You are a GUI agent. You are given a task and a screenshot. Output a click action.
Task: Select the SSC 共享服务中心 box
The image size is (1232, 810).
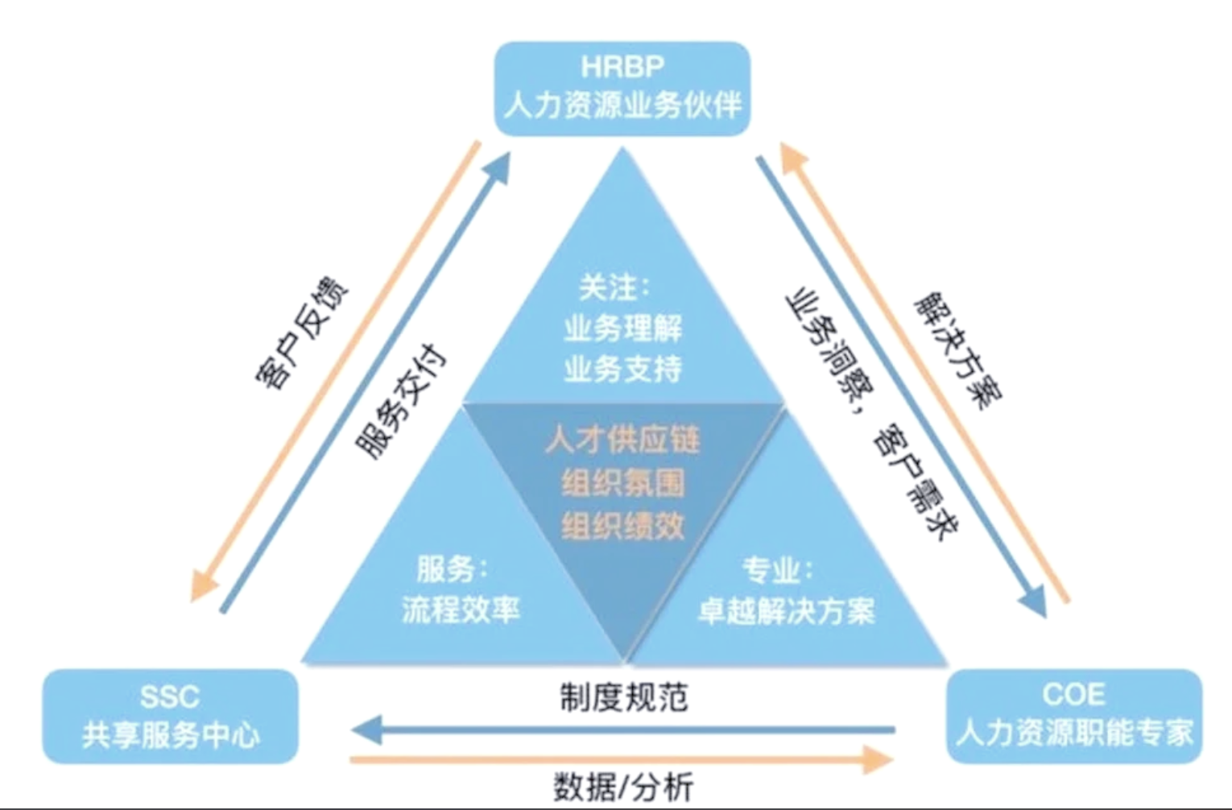170,716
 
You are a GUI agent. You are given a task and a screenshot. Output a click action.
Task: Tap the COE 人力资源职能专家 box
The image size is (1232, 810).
1073,714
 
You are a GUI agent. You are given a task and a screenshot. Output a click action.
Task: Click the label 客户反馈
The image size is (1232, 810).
301,333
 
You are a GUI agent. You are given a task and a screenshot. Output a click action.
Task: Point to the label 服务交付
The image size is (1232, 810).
401,401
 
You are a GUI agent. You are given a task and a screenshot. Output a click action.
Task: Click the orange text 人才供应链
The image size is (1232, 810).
622,440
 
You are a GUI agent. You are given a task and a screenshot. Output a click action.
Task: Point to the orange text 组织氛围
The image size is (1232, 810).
622,483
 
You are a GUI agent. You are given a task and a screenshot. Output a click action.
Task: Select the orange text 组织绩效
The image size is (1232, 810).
622,527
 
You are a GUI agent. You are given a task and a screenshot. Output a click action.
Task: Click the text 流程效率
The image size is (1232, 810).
461,610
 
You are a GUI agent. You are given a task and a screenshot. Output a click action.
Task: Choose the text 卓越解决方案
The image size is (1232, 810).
786,611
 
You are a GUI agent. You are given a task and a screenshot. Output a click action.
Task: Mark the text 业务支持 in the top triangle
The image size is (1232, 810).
622,370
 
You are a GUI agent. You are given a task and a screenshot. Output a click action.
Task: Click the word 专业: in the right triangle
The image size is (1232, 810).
776,570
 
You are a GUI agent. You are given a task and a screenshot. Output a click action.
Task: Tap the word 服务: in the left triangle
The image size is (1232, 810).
452,568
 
